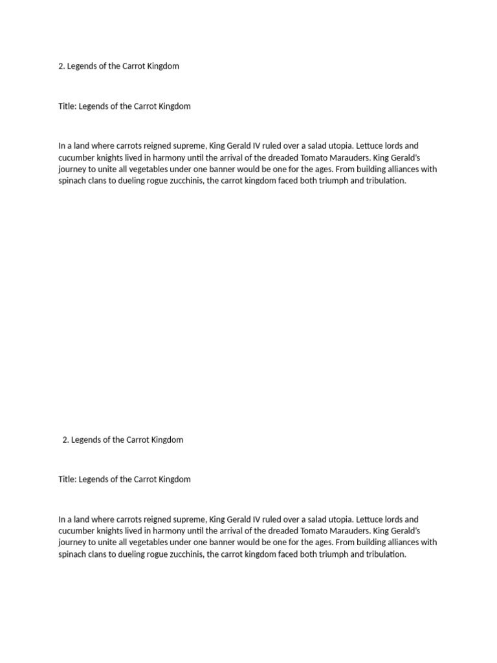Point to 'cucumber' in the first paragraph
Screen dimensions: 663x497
(75, 158)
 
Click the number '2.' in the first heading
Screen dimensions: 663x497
(62, 66)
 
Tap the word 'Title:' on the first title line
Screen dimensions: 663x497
(67, 106)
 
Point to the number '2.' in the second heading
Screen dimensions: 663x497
(66, 440)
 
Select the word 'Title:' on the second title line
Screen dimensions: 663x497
(67, 480)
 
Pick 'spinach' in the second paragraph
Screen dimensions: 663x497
(72, 555)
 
